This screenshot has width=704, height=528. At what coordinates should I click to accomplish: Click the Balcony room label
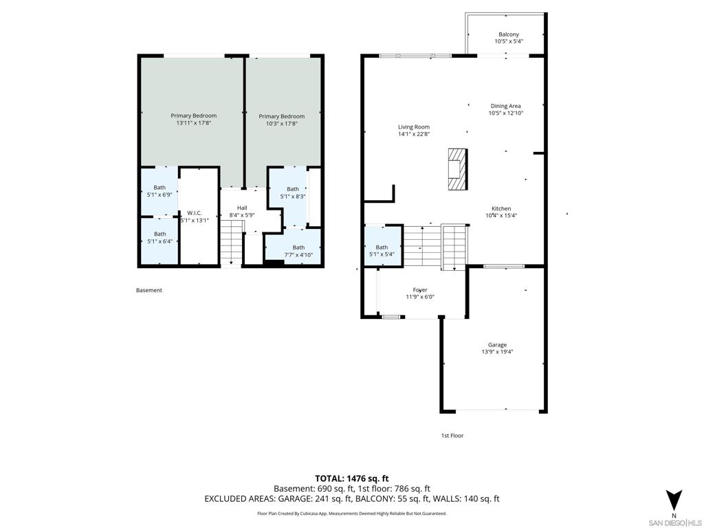point(509,34)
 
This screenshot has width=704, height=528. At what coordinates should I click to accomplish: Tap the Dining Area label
point(505,106)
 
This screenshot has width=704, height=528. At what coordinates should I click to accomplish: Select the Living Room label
point(413,127)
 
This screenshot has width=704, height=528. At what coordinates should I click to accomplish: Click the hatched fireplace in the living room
point(457,169)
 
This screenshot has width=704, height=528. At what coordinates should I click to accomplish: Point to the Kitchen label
point(501,208)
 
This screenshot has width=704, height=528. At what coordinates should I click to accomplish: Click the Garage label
point(497,345)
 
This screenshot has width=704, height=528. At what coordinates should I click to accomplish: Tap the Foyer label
point(420,290)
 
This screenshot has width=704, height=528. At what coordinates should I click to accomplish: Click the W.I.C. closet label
point(195,213)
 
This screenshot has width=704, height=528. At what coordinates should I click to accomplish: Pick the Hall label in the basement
point(242,208)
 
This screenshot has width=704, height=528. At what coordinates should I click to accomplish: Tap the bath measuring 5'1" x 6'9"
point(159,191)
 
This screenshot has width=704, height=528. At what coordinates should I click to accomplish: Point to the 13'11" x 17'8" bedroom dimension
point(193,122)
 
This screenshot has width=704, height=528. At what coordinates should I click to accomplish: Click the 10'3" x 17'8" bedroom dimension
point(281,124)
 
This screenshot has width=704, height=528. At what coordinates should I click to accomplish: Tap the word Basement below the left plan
point(149,290)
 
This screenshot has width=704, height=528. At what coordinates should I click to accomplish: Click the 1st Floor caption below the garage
point(452,435)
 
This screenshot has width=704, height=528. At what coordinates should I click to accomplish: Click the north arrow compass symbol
point(674,500)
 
